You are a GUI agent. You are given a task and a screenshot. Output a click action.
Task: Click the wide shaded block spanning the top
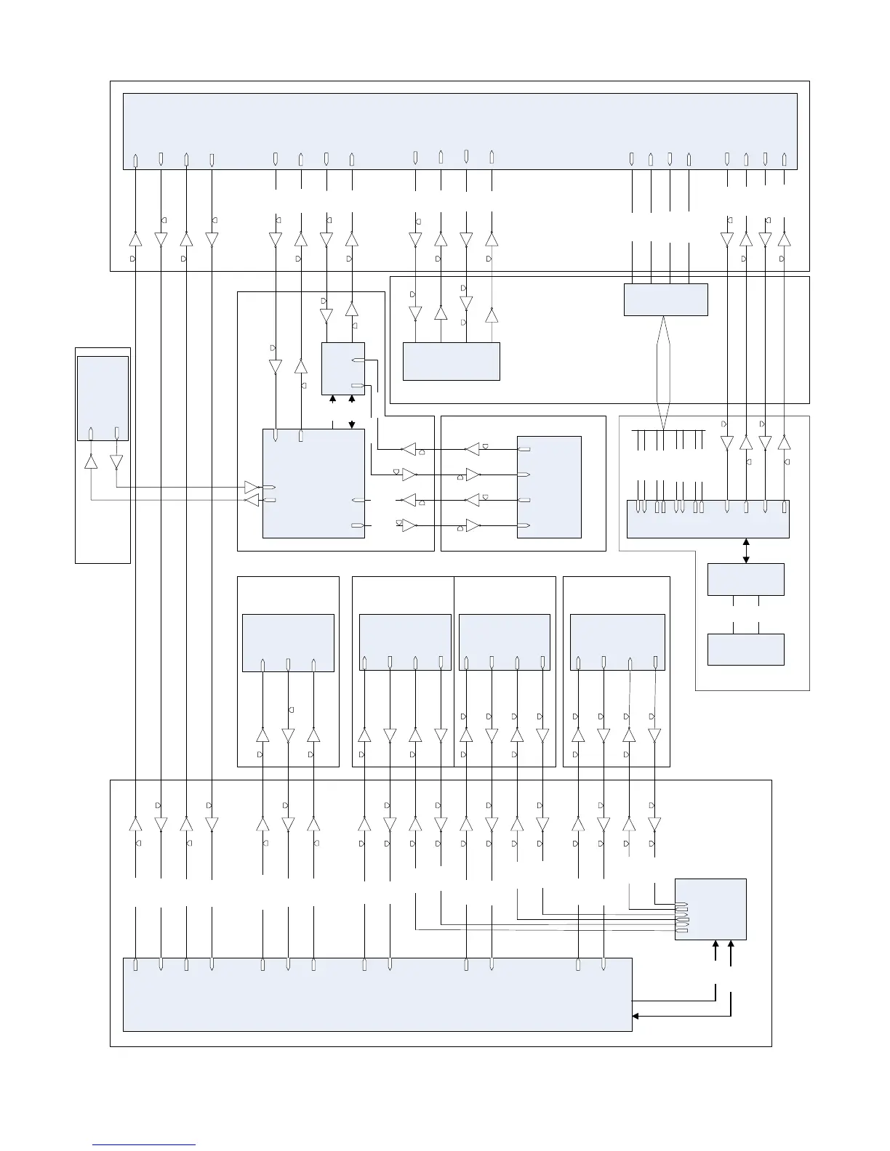(x=460, y=131)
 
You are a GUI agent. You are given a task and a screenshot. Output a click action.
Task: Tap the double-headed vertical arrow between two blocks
(x=746, y=550)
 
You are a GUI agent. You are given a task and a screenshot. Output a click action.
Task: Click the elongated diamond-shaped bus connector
(x=663, y=372)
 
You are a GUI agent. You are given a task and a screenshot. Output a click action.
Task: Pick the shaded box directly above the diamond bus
(x=665, y=299)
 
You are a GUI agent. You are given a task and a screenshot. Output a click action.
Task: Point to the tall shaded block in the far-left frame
(x=103, y=397)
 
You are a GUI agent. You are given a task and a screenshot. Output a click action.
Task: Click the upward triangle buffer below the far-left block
(x=91, y=462)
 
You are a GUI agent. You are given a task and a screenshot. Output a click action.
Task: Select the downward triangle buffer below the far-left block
(x=116, y=462)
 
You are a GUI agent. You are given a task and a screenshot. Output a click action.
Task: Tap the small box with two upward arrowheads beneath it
(x=342, y=368)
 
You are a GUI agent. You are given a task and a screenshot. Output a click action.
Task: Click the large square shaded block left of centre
(x=313, y=483)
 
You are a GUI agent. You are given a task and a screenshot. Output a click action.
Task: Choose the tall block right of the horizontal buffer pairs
(x=549, y=487)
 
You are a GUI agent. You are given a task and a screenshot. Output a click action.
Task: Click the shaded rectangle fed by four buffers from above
(x=451, y=361)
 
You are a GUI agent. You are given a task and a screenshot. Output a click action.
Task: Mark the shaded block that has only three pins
(x=287, y=642)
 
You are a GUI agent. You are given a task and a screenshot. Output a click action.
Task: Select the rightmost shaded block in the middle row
(x=617, y=642)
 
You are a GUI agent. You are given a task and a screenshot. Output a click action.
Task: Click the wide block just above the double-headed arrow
(x=707, y=519)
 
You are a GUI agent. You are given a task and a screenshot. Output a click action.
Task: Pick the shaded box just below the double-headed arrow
(x=745, y=579)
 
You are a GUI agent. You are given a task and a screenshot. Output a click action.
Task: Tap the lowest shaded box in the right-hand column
(x=745, y=649)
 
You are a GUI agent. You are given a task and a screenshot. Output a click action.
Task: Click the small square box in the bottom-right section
(x=710, y=909)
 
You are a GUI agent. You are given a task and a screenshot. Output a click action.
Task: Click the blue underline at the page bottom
(x=144, y=1145)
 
